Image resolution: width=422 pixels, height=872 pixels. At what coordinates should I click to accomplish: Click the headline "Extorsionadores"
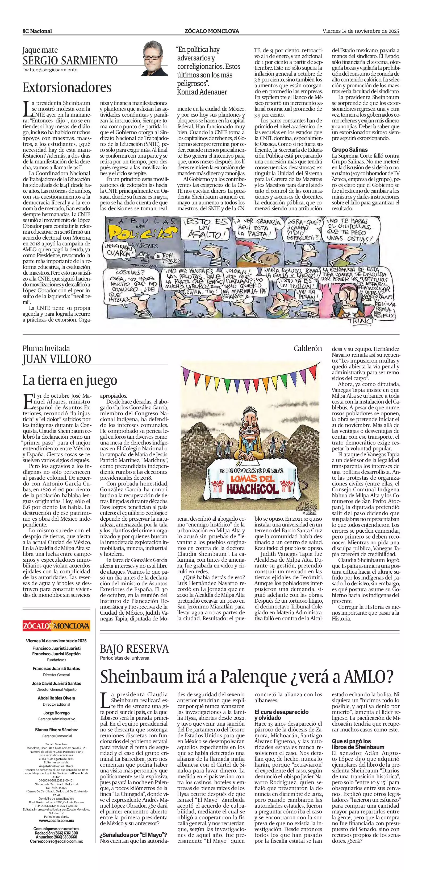(67, 88)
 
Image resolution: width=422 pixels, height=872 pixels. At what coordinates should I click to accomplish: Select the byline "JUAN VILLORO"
(57, 359)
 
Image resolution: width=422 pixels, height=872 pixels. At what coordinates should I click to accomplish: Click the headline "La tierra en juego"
(70, 380)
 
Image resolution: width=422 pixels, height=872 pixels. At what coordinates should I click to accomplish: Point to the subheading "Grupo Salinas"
(349, 150)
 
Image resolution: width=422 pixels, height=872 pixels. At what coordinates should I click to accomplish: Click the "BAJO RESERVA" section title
(134, 649)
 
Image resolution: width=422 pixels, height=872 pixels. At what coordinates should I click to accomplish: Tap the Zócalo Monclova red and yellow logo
(56, 626)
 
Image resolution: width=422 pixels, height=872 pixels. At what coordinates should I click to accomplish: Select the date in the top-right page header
(361, 31)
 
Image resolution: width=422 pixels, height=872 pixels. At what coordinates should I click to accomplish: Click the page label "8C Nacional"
(37, 31)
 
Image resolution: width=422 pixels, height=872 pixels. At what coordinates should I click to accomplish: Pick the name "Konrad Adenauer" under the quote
(202, 92)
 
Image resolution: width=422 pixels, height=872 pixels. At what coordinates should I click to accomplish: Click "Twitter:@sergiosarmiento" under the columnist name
(50, 70)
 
